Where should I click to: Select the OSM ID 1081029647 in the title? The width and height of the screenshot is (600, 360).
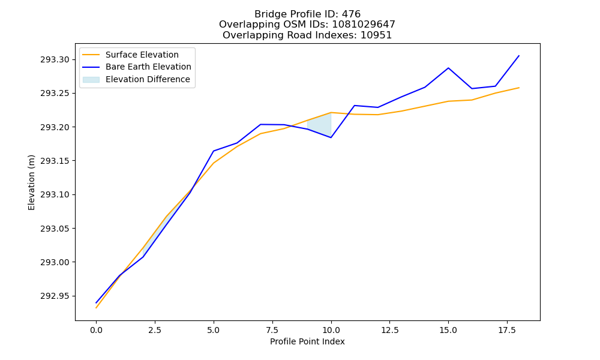(364, 25)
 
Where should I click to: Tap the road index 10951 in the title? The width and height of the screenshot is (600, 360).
(376, 35)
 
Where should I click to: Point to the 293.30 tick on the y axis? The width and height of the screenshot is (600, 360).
(55, 59)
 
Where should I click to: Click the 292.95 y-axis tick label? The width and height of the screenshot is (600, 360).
(55, 296)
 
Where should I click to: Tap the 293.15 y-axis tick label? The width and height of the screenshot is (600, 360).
(55, 161)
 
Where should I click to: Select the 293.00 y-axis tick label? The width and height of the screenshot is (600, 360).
(55, 262)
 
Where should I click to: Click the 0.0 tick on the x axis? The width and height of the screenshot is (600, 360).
(96, 330)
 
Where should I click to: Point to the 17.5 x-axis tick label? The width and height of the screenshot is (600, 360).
(507, 330)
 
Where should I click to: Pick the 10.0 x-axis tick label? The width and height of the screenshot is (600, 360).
(331, 330)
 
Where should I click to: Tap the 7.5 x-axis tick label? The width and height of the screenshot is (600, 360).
(272, 330)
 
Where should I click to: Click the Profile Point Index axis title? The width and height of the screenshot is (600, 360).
(307, 341)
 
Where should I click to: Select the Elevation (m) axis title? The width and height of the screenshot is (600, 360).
(31, 182)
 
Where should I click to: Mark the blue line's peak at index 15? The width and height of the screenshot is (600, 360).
(448, 68)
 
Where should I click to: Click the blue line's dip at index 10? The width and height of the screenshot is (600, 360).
(331, 137)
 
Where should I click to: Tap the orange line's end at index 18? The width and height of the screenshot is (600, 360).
(519, 88)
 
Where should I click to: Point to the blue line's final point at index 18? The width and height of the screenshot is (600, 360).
(519, 56)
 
